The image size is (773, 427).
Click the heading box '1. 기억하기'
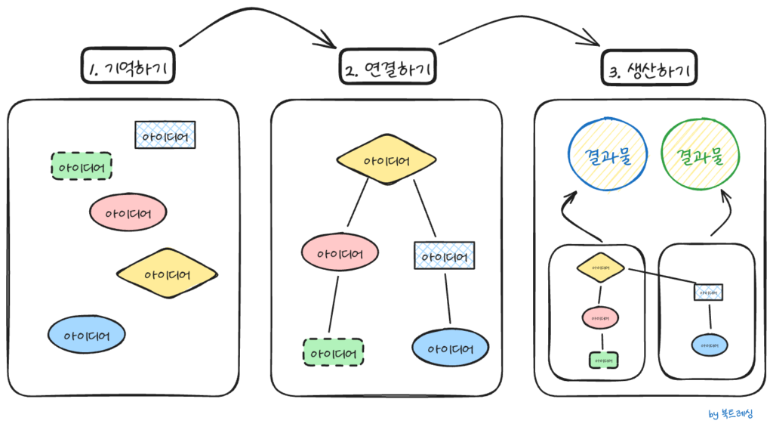[x=128, y=69]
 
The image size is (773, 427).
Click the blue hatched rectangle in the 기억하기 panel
[x=165, y=135]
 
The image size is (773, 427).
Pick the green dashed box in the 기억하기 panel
[x=82, y=166]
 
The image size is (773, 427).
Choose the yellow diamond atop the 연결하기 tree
[x=386, y=161]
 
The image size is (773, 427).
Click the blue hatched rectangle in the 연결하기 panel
[x=445, y=255]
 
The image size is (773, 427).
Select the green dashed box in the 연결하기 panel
[x=333, y=353]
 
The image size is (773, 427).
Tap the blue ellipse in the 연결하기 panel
[x=450, y=348]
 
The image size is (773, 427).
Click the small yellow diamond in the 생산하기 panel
[x=601, y=267]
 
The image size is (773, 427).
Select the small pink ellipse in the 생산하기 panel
[x=601, y=317]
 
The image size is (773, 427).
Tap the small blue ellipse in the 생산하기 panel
[x=710, y=345]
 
